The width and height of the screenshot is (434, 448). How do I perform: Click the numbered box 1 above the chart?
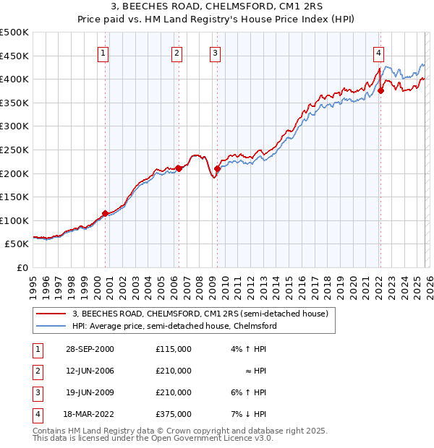[x=103, y=52]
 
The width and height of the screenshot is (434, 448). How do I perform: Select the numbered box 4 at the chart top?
[x=378, y=52]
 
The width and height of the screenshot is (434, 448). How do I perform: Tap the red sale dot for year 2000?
[x=106, y=213]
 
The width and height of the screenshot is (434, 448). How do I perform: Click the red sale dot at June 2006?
[x=178, y=168]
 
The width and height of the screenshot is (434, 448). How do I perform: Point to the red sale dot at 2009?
[x=217, y=168]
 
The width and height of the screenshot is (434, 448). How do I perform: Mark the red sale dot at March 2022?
[x=380, y=90]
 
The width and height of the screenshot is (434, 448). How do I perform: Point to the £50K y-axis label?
[x=17, y=244]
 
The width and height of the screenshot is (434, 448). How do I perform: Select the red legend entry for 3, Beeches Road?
[x=200, y=314]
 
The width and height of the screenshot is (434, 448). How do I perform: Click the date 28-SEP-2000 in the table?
[x=90, y=349]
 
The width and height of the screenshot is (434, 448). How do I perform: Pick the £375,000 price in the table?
[x=173, y=414]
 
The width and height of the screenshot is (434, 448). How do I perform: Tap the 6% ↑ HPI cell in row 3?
[x=250, y=392]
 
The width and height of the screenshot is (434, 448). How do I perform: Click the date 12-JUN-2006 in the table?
[x=90, y=371]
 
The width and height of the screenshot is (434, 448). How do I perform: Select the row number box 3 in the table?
[x=37, y=392]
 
